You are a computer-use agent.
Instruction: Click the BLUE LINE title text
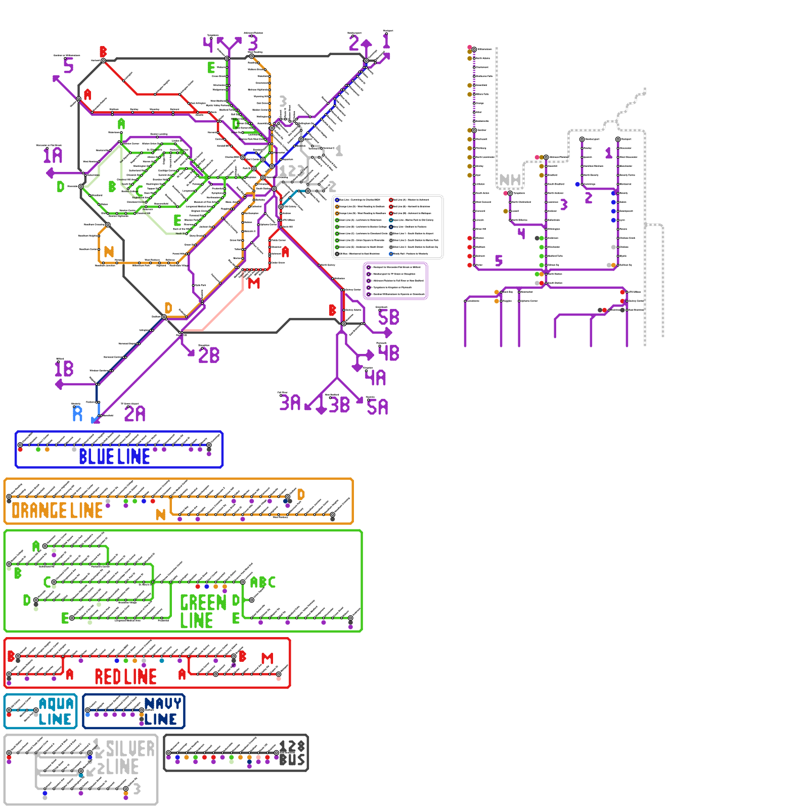click(114, 457)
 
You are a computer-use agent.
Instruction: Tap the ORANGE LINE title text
click(57, 511)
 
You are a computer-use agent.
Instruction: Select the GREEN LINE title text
click(203, 611)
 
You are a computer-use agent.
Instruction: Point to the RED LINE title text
click(125, 677)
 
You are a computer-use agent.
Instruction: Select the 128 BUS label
click(292, 753)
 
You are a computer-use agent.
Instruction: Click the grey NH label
click(510, 180)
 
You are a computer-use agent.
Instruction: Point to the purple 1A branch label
click(53, 156)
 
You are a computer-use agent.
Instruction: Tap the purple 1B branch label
click(64, 369)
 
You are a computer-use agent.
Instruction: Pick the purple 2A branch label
click(134, 414)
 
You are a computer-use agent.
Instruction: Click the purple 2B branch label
click(209, 355)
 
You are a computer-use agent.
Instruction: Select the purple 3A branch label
click(290, 403)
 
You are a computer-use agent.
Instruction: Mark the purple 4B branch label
click(388, 353)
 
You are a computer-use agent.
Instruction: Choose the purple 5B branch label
click(388, 318)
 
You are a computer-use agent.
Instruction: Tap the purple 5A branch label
click(377, 407)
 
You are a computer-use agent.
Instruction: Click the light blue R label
click(77, 414)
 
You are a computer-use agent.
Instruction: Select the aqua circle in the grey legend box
click(391, 220)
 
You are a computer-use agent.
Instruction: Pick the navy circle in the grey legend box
click(391, 227)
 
